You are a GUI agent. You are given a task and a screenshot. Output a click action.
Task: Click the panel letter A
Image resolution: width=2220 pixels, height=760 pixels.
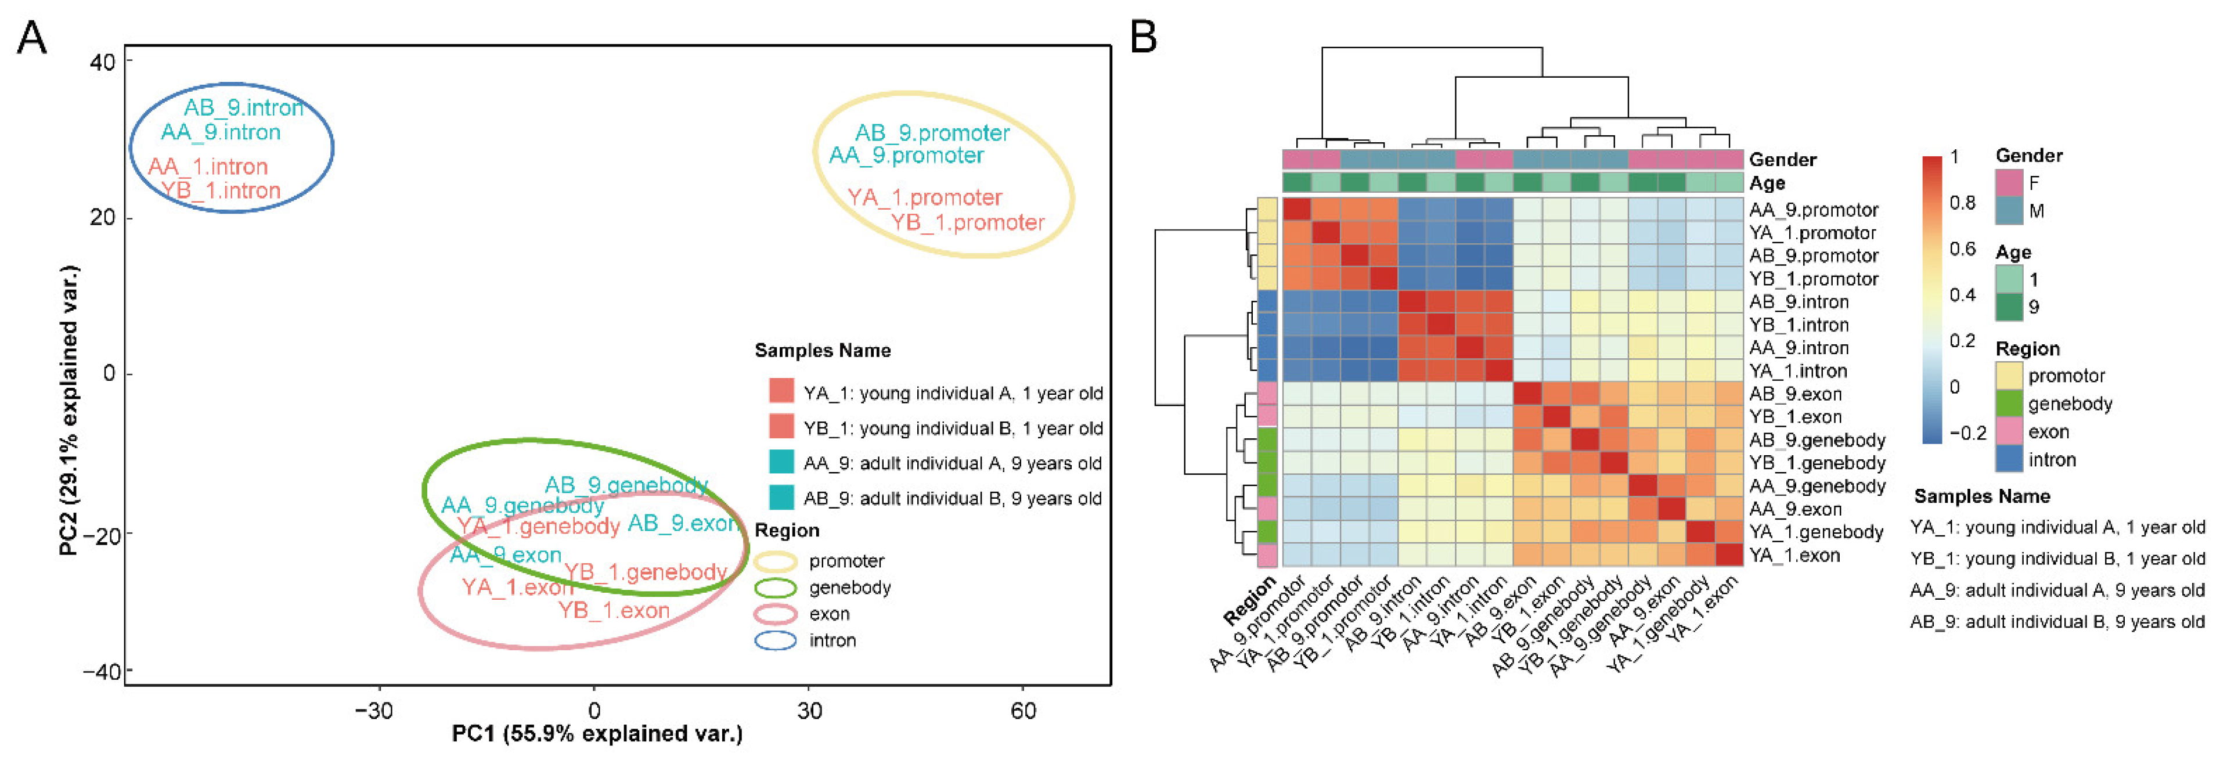tap(32, 39)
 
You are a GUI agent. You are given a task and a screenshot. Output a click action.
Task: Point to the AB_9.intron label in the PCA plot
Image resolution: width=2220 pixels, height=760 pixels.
tap(244, 108)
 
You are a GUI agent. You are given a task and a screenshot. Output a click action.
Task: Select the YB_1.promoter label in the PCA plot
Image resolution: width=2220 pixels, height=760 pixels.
tap(967, 223)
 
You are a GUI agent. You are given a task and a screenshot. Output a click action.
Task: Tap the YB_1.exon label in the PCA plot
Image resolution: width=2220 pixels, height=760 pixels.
tap(614, 611)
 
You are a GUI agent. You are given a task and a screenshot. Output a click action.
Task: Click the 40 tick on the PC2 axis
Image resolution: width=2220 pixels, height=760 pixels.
tap(102, 63)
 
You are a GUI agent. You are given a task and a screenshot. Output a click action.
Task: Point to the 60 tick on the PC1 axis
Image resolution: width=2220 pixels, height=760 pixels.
tap(1023, 711)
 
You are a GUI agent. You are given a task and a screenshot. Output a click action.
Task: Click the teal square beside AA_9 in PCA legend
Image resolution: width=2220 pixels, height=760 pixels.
tap(781, 463)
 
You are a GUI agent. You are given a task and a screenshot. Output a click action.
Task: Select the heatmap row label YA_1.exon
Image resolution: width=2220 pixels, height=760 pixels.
tap(1794, 556)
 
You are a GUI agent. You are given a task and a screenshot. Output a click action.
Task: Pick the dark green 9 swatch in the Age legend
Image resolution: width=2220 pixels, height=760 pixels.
tap(2009, 307)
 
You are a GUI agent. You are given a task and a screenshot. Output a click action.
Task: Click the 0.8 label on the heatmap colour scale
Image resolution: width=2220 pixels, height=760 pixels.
tap(1962, 203)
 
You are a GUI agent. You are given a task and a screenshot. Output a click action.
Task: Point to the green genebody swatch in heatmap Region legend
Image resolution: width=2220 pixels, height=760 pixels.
tap(2009, 404)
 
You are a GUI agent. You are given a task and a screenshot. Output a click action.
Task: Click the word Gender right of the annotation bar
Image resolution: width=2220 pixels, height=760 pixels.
tap(1782, 160)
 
